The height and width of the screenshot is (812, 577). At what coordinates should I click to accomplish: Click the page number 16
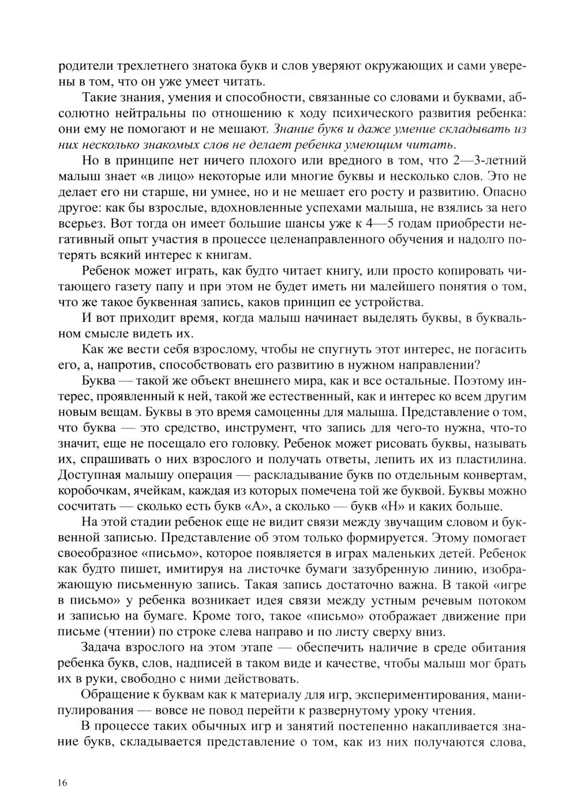(63, 783)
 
